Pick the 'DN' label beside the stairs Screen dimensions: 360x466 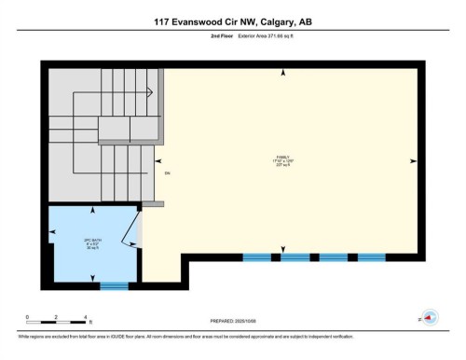pos(168,173)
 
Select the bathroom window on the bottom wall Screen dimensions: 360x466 pos(114,285)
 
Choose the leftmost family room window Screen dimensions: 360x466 pos(256,256)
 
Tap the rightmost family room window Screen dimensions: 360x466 pos(371,256)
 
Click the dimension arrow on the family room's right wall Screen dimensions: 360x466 pos(412,159)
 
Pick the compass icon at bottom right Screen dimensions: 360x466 pos(430,317)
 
